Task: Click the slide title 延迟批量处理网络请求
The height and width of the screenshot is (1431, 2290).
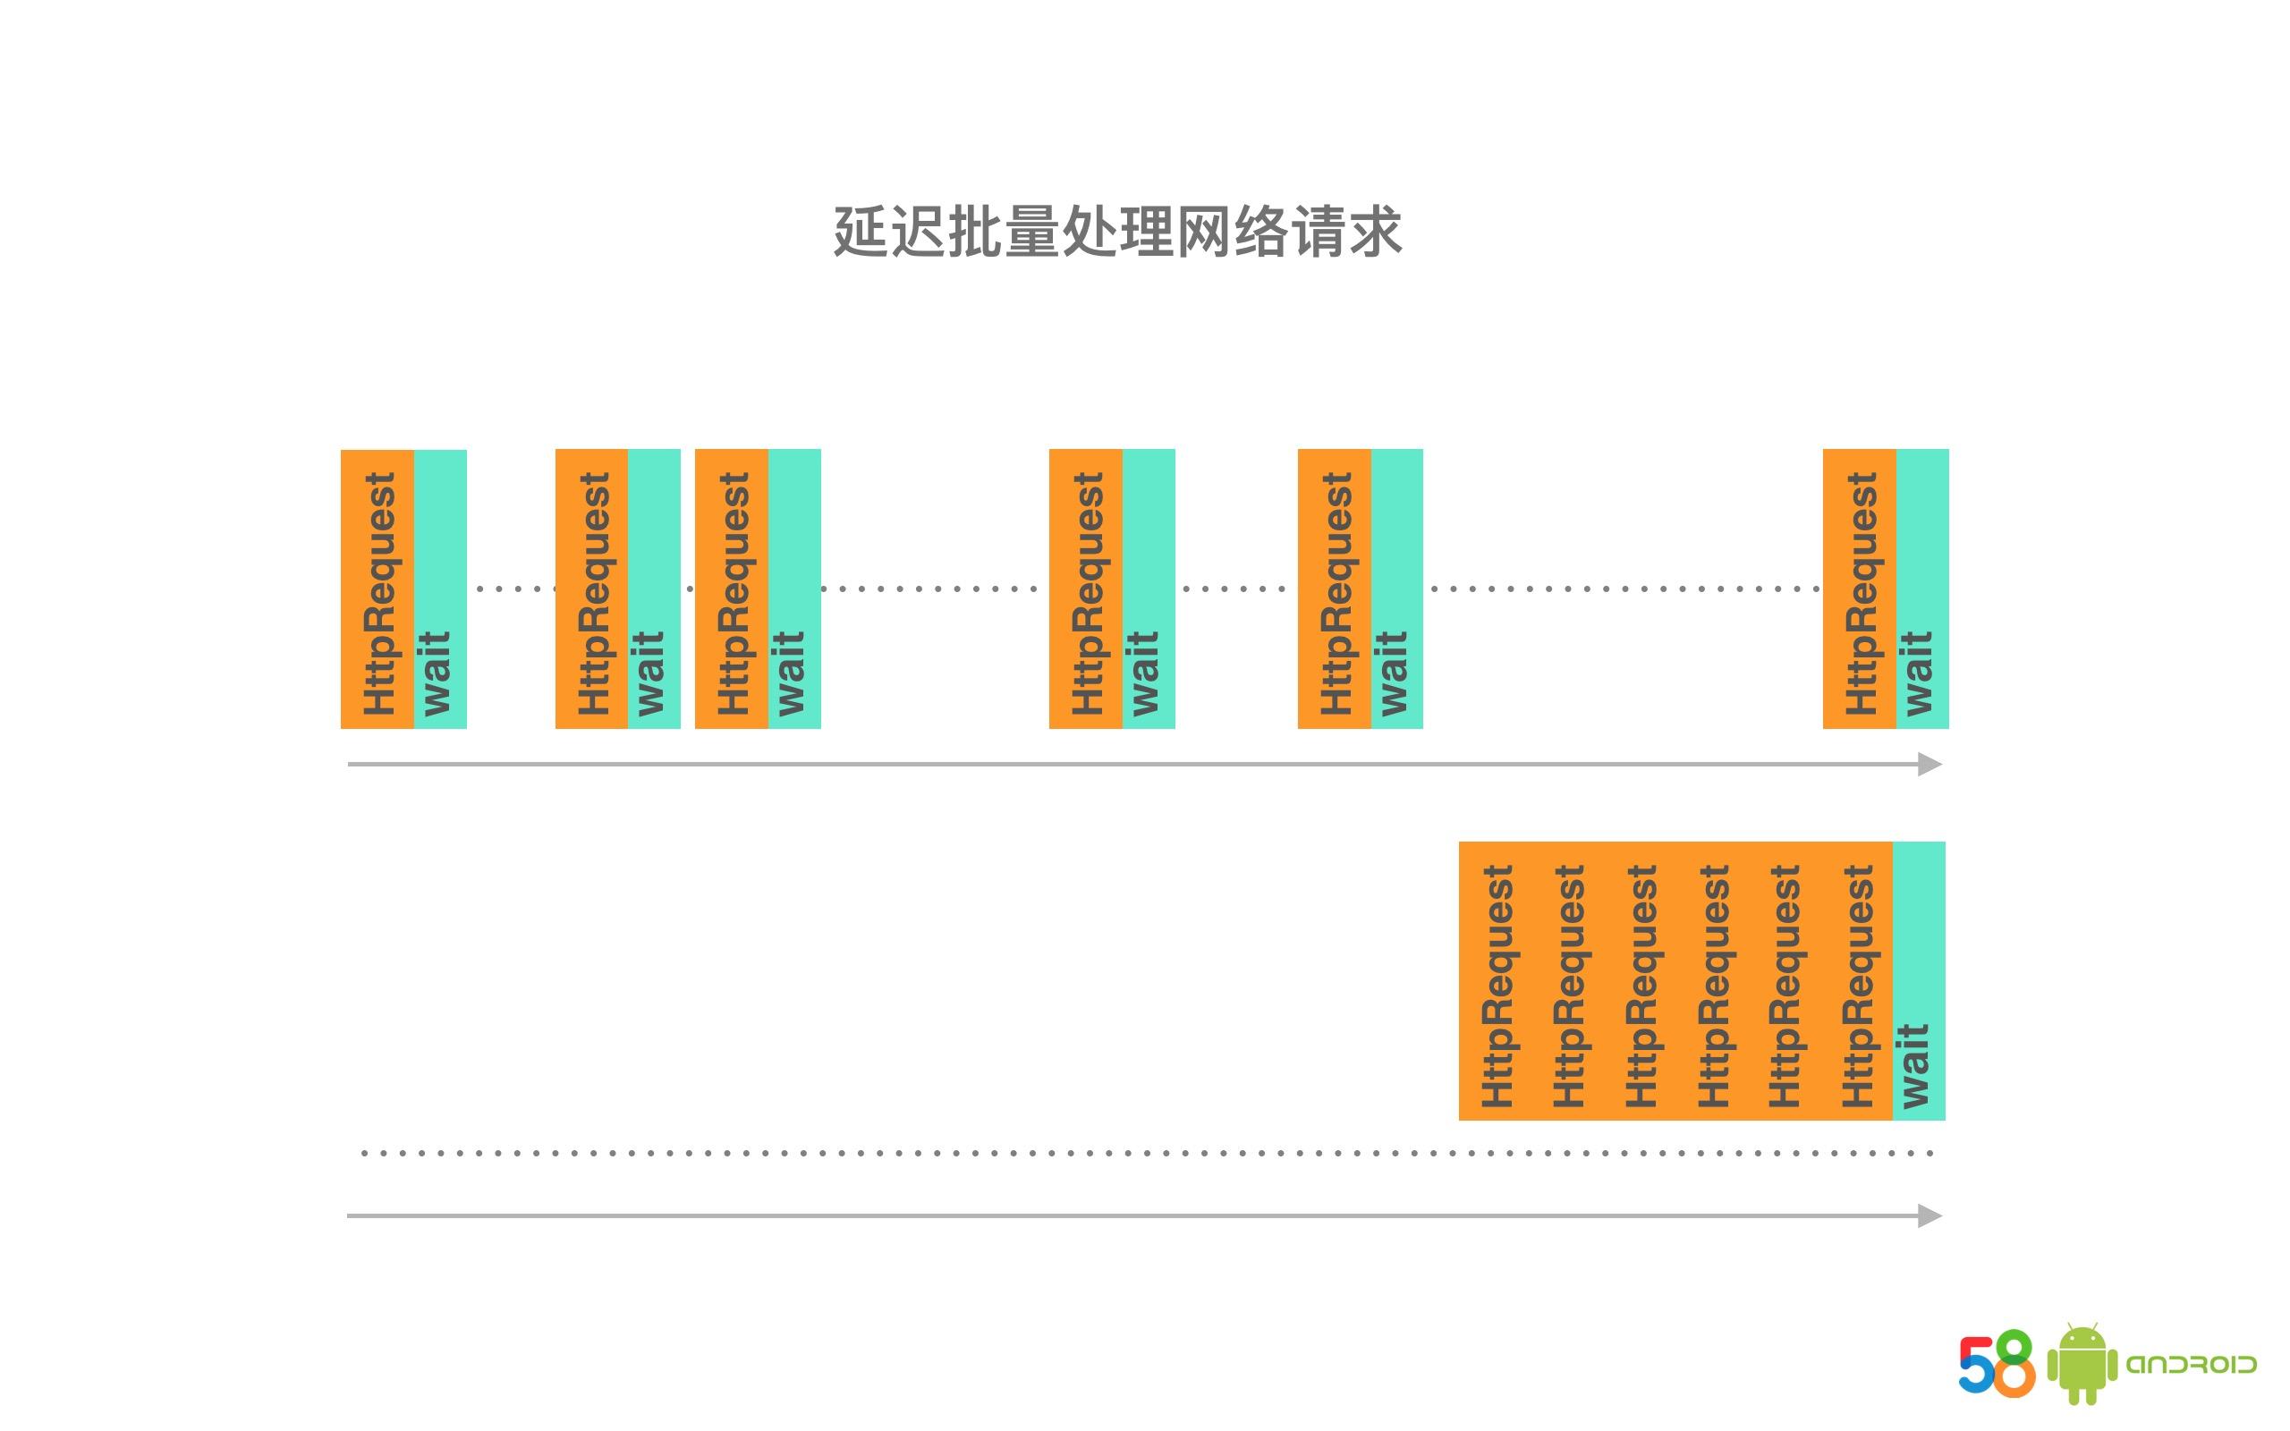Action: click(x=1117, y=231)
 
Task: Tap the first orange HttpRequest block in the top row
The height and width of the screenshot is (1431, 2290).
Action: click(x=377, y=588)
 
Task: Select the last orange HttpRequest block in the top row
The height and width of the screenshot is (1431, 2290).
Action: click(x=1860, y=588)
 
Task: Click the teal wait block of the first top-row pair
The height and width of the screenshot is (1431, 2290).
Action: click(x=440, y=588)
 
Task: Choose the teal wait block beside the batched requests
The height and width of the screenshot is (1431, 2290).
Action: click(x=1919, y=980)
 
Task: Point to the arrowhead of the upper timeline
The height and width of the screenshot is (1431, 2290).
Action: click(x=1930, y=764)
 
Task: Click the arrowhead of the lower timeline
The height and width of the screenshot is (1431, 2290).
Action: click(x=1930, y=1215)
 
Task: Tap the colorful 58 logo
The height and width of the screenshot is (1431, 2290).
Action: click(x=1997, y=1363)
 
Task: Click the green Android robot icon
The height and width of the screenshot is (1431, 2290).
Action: click(x=2082, y=1363)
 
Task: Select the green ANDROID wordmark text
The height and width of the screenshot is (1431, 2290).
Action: click(x=2192, y=1364)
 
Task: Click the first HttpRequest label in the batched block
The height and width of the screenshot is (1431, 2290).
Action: click(x=1497, y=986)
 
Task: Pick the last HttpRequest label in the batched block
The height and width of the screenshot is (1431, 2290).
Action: click(x=1858, y=986)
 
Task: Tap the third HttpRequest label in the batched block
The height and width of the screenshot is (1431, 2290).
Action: click(x=1641, y=986)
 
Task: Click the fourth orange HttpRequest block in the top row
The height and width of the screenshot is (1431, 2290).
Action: click(x=1086, y=588)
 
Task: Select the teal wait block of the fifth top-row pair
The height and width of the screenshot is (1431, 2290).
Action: click(x=1396, y=588)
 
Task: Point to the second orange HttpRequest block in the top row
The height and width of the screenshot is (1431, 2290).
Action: click(x=591, y=588)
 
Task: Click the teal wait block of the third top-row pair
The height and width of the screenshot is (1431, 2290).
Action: click(x=795, y=588)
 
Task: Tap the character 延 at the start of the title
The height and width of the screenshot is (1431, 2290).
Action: click(x=861, y=231)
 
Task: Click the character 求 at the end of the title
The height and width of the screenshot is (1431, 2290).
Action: click(x=1375, y=231)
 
